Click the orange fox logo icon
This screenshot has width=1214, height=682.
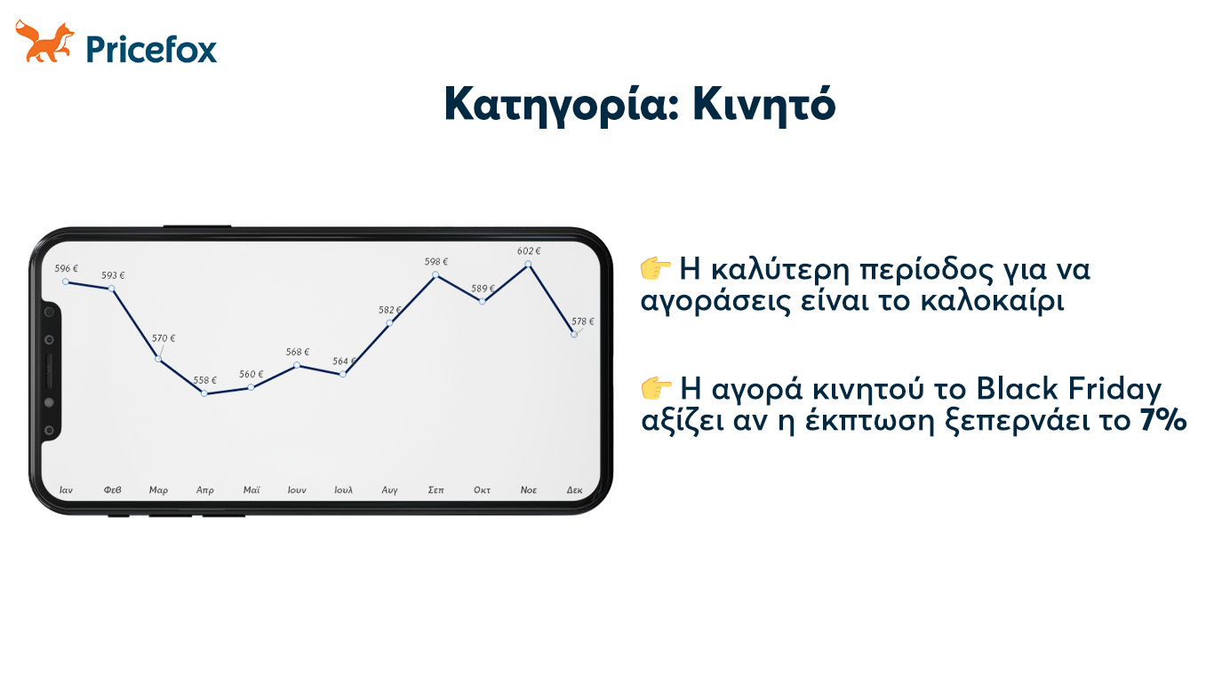coord(44,41)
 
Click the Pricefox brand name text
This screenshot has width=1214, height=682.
coord(152,50)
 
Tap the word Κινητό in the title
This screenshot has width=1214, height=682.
coord(764,104)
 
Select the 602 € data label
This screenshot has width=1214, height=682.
coord(529,250)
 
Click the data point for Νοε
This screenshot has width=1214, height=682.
coord(528,265)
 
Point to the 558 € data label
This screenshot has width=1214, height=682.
coord(205,380)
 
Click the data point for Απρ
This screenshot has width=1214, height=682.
coord(204,393)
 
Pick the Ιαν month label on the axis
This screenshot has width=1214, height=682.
coord(66,489)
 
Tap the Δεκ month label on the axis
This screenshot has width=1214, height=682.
coord(574,489)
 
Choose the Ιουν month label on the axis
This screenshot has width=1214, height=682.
coord(297,489)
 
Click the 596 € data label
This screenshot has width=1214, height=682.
coord(66,268)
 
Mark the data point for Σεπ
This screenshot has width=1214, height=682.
coord(435,275)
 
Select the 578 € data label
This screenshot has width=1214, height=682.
coord(583,321)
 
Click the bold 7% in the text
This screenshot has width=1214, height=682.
coord(1163,420)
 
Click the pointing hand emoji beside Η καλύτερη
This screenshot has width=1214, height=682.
coord(656,268)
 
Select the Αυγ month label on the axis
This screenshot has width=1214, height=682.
coord(389,490)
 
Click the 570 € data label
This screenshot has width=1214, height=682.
coord(164,338)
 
